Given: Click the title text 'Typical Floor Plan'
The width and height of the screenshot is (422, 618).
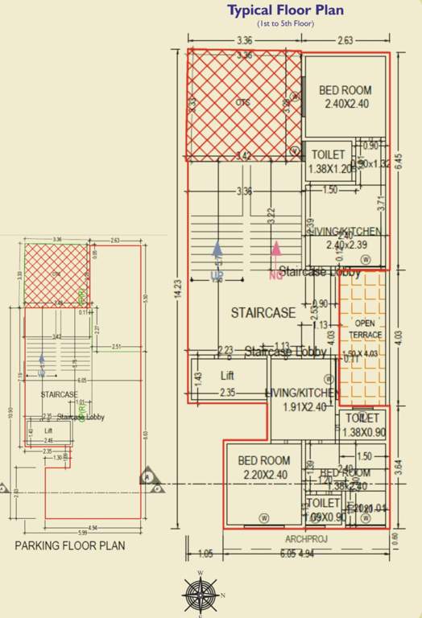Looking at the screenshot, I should [285, 10].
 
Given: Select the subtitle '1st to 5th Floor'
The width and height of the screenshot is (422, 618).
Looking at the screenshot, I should [285, 24].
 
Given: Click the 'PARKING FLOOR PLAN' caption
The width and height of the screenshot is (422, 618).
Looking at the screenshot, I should [70, 546].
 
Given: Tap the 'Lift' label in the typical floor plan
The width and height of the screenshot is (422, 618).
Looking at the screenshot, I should [228, 376].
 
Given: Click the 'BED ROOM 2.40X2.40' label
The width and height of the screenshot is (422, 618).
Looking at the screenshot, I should [345, 97].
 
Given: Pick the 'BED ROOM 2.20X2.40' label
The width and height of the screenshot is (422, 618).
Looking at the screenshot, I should [264, 467].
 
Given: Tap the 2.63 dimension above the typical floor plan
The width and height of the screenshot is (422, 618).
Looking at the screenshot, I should [345, 39].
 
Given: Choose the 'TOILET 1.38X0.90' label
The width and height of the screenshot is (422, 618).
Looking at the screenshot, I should [363, 426].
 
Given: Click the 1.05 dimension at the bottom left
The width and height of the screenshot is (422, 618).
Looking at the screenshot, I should [205, 554].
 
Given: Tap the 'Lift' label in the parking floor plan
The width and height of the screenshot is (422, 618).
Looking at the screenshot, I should [48, 431].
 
